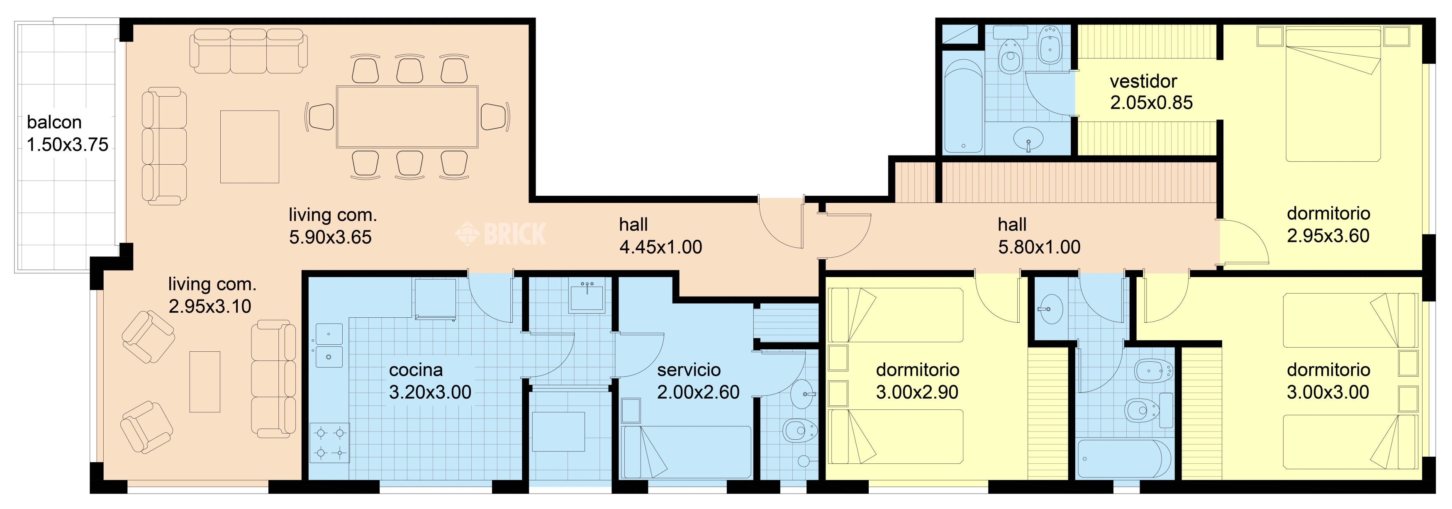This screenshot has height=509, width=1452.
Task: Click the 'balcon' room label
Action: click(54, 122)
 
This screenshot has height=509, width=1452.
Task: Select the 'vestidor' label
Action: click(1143, 81)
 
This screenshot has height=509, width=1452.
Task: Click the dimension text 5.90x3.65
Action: click(330, 237)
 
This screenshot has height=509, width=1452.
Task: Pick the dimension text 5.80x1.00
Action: click(1039, 247)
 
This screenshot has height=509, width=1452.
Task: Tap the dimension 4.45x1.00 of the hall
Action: click(660, 247)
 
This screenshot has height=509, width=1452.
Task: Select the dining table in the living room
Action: click(407, 117)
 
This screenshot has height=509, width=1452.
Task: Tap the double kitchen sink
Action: click(329, 345)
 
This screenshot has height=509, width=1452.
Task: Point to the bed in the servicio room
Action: click(686, 453)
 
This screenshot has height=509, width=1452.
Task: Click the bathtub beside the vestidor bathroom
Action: click(963, 107)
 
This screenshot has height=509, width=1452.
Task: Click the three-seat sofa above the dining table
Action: click(248, 51)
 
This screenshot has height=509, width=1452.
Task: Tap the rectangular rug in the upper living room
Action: click(250, 146)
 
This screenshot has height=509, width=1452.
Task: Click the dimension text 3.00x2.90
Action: click(917, 392)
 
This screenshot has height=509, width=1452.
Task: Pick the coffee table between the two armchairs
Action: click(205, 382)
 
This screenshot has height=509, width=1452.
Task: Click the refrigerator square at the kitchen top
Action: click(435, 298)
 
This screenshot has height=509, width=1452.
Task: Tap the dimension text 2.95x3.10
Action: click(210, 306)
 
